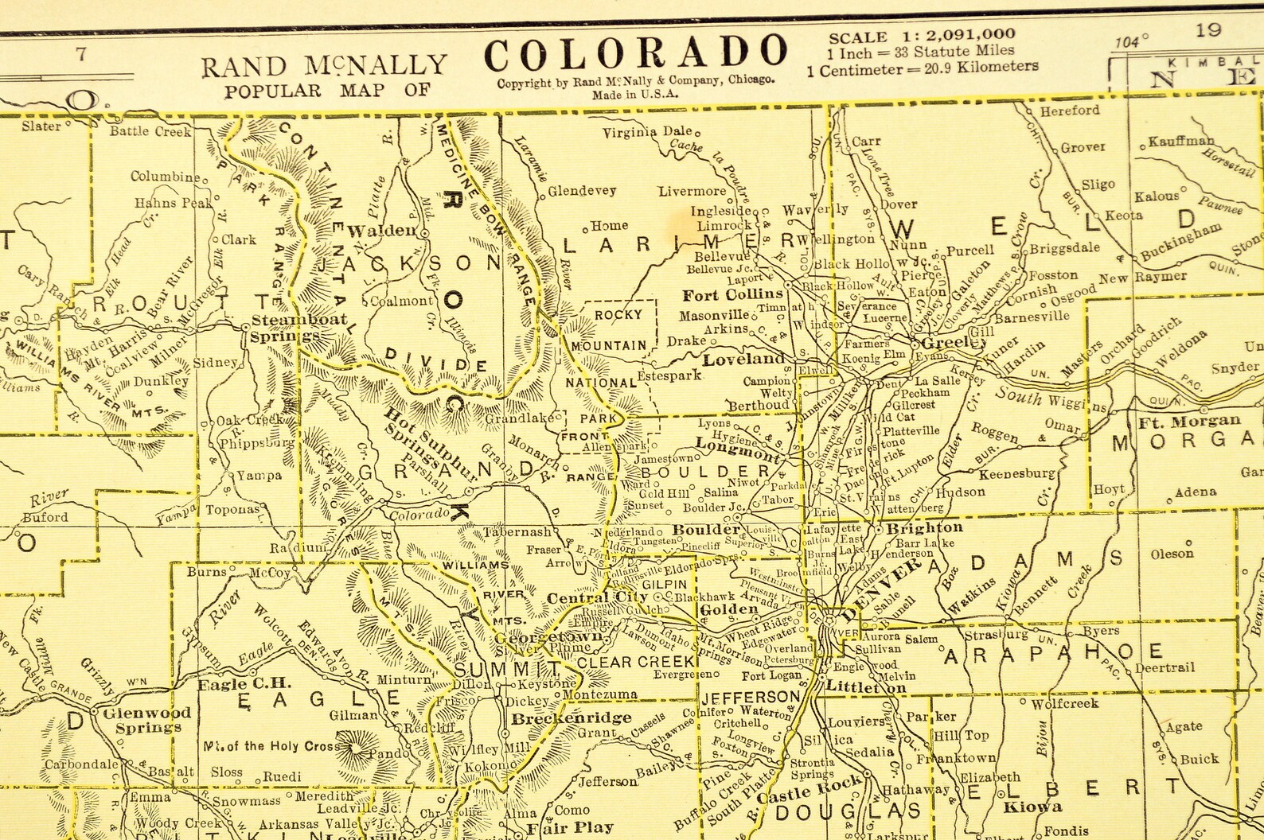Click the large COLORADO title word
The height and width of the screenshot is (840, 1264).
pyautogui.click(x=634, y=52)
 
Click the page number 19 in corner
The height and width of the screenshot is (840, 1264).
pyautogui.click(x=1207, y=31)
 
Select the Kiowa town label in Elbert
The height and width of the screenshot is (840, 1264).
pyautogui.click(x=1032, y=806)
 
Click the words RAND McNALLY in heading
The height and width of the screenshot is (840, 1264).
pyautogui.click(x=324, y=64)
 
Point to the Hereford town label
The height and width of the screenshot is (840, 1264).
pyautogui.click(x=1070, y=111)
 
